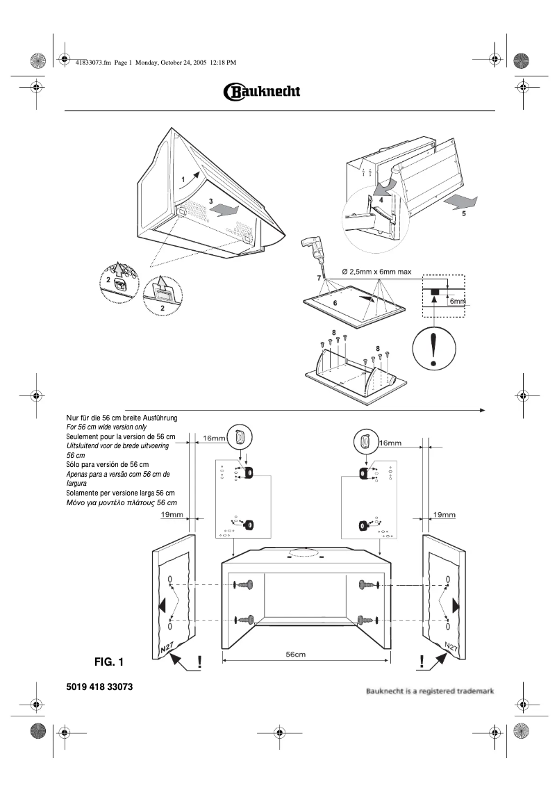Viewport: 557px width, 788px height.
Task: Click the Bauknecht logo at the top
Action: click(x=261, y=92)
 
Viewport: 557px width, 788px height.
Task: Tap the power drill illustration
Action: click(x=310, y=251)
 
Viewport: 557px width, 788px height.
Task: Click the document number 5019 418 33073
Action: click(x=99, y=687)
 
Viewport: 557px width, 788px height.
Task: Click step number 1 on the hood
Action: click(x=183, y=179)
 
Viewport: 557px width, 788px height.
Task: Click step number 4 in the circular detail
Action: click(x=380, y=199)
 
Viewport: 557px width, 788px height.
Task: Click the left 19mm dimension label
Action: click(x=172, y=515)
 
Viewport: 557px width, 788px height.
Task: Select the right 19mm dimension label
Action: click(x=444, y=515)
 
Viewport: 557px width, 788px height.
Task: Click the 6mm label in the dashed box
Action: click(x=456, y=302)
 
